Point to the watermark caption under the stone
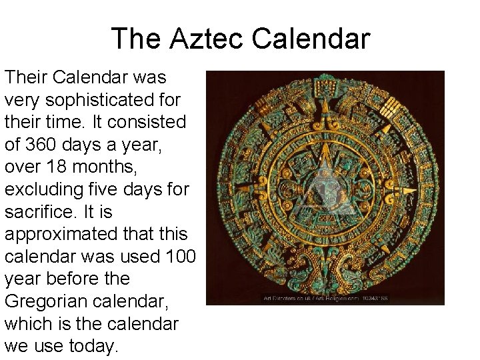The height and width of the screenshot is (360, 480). tap(325, 298)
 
